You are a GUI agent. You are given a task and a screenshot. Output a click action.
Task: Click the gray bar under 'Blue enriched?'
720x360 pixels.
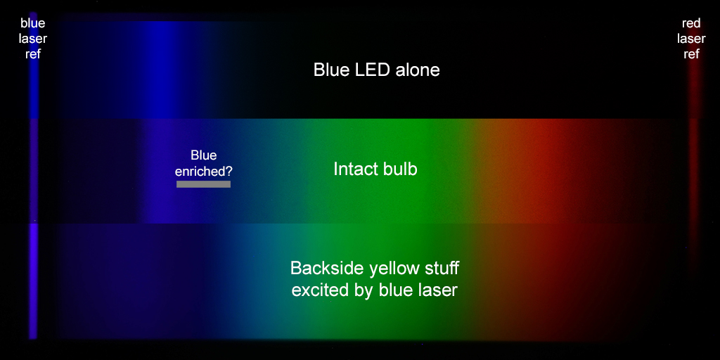click(x=203, y=184)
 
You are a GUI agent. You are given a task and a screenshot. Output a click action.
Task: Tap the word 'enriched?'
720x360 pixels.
click(x=204, y=172)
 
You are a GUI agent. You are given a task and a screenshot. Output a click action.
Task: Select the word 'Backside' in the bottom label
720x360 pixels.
click(x=321, y=268)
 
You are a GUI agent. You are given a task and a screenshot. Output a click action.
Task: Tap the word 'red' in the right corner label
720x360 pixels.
click(x=691, y=23)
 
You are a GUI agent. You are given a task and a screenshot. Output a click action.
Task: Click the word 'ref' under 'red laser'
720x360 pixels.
click(x=692, y=54)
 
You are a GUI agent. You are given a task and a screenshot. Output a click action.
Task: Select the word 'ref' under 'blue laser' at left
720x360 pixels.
click(x=33, y=54)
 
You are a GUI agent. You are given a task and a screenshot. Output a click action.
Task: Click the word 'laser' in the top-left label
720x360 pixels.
click(x=33, y=39)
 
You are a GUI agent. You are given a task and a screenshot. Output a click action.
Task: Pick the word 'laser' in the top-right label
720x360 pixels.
click(x=691, y=39)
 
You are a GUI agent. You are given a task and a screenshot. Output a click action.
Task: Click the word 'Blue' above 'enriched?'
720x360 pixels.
click(x=203, y=155)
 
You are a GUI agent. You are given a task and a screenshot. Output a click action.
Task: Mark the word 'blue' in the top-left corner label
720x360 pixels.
click(x=33, y=23)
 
